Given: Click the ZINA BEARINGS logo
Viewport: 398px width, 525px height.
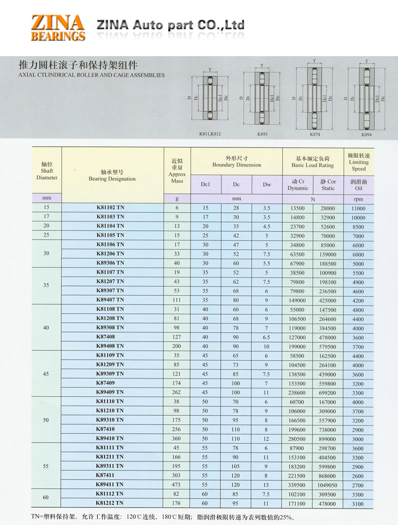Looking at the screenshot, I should (x=58, y=28).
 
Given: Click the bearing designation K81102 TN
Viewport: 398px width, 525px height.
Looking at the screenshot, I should (x=110, y=207).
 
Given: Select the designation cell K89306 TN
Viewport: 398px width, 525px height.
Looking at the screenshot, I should (x=110, y=263).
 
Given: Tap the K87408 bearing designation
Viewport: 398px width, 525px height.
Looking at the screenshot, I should (x=106, y=336).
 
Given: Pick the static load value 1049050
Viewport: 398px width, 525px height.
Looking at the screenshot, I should (x=327, y=485).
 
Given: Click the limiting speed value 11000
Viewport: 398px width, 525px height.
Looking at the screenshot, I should (x=358, y=208).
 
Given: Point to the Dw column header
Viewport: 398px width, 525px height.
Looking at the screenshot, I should (x=267, y=184).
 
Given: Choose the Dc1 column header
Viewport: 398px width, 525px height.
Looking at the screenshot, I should (x=206, y=184).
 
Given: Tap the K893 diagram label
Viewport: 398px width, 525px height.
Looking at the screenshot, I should (x=263, y=134).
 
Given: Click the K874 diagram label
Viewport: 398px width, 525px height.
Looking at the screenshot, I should (x=315, y=134).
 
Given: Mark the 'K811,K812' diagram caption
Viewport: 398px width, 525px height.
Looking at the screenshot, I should (x=210, y=134).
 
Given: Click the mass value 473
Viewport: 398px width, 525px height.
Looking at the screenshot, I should (x=177, y=485).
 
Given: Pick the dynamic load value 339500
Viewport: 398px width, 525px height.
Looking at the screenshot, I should (x=297, y=485).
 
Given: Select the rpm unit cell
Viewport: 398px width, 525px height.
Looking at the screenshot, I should (x=358, y=199).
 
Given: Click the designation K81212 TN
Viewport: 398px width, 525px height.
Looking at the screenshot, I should (x=110, y=503).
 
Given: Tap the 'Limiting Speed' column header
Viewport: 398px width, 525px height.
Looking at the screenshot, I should (x=358, y=162).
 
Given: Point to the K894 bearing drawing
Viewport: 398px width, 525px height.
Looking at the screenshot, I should (x=366, y=97).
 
